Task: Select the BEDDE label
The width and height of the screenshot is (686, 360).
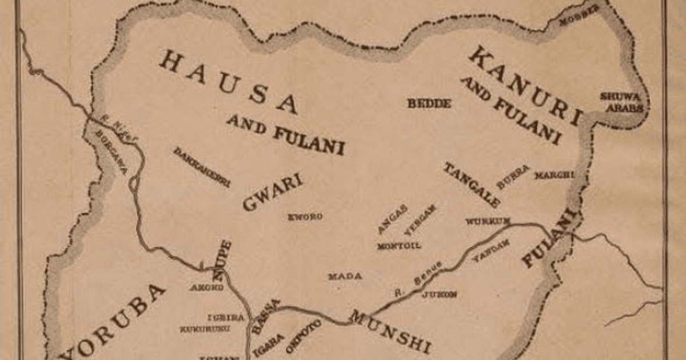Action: pyautogui.click(x=429, y=104)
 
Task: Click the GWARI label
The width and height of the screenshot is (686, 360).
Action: pyautogui.click(x=272, y=193)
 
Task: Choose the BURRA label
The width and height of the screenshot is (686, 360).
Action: pyautogui.click(x=513, y=177)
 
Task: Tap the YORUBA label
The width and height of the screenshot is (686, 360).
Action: pyautogui.click(x=114, y=320)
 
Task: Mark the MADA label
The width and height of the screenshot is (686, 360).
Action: pyautogui.click(x=345, y=277)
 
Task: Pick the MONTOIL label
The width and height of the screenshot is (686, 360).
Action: pyautogui.click(x=399, y=246)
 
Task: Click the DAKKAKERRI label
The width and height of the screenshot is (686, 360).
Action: pyautogui.click(x=201, y=167)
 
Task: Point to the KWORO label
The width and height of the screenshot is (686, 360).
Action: pyautogui.click(x=305, y=217)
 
